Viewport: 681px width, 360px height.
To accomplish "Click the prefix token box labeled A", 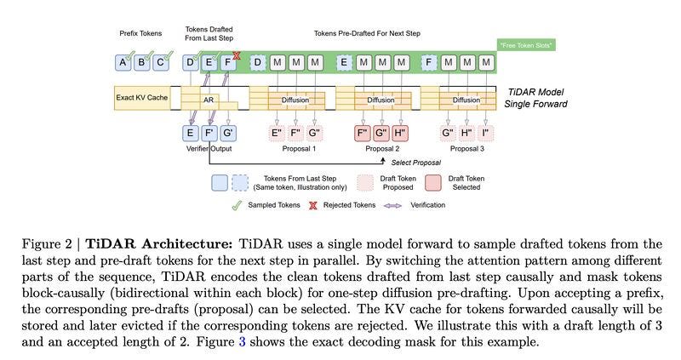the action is (123, 62).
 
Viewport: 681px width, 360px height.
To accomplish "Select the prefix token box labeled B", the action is (141, 62).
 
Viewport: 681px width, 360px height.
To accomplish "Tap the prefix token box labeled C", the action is (160, 62).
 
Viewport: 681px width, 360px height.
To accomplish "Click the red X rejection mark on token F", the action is (237, 55).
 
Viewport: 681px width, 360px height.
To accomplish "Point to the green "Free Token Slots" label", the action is (526, 45).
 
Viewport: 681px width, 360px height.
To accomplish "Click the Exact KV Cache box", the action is (142, 98).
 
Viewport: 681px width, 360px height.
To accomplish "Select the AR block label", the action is (209, 100).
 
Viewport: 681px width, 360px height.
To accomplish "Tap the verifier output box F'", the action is (209, 133).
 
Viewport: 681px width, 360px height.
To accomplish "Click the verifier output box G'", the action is (227, 133).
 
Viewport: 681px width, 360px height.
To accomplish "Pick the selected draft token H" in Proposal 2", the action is (399, 133).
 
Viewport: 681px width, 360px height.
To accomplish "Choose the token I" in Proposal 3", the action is (485, 133).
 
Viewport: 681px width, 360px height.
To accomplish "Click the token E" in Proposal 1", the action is (277, 133).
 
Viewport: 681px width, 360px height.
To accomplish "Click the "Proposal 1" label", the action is (299, 149).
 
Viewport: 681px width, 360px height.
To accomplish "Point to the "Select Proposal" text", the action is (415, 163).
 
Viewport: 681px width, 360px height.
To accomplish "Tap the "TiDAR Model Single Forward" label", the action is (535, 98).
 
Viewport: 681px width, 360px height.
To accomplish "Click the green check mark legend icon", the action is (237, 205).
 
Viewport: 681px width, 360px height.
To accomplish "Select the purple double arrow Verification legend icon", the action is (392, 205).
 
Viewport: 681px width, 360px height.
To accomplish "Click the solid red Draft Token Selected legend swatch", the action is (433, 183).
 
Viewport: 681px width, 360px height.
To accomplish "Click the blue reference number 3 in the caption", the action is (242, 342).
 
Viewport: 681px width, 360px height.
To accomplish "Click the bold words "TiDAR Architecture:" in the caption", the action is (159, 244).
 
